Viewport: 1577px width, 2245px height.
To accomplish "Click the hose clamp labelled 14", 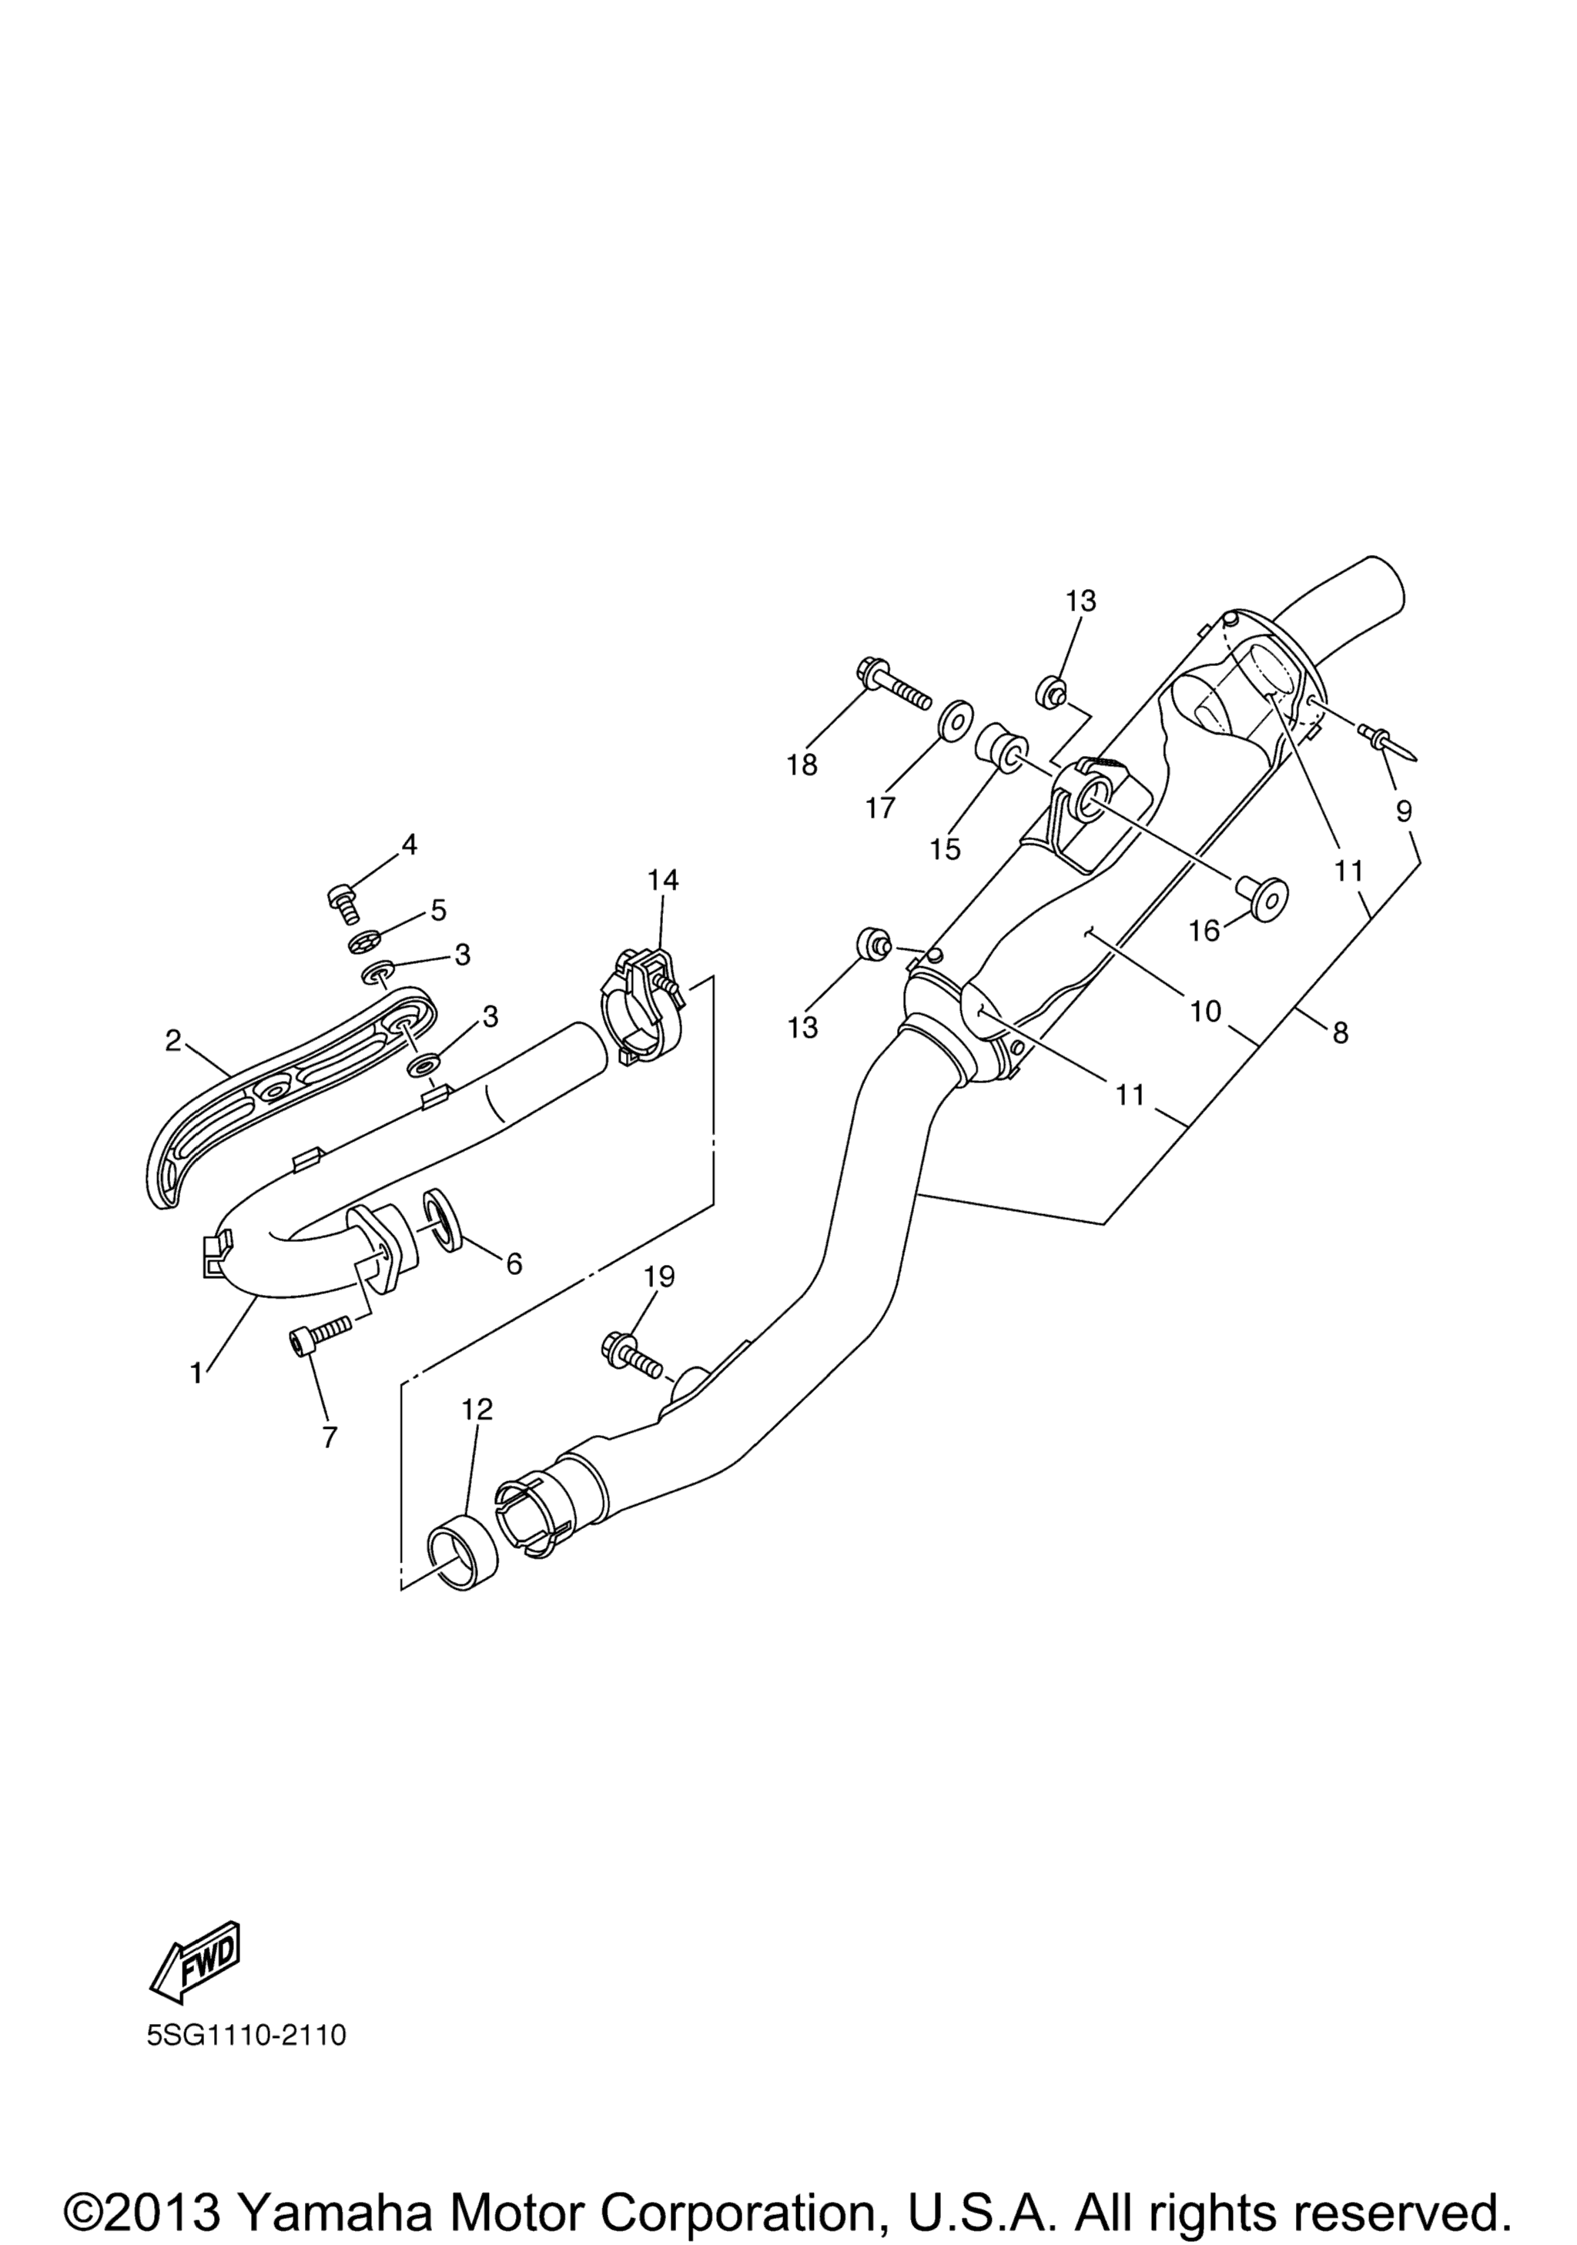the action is (643, 1006).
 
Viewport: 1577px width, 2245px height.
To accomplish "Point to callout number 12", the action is (477, 1408).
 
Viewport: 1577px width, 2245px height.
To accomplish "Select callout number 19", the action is (660, 1276).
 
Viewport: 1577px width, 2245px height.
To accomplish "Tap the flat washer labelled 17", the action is (954, 721).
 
